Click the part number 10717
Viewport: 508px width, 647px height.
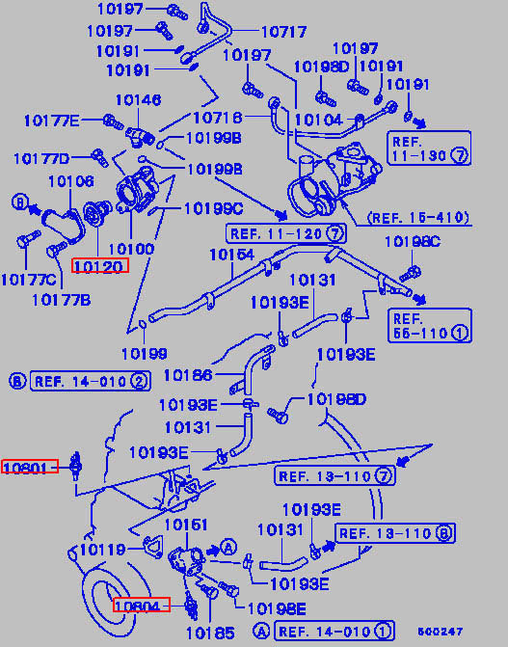click(x=284, y=32)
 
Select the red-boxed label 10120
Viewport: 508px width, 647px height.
click(x=100, y=266)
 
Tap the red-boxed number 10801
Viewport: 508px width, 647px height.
click(x=30, y=467)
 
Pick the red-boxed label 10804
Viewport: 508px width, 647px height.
click(x=141, y=605)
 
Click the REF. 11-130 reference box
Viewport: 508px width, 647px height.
click(x=429, y=148)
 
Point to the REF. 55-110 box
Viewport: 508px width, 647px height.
click(x=430, y=325)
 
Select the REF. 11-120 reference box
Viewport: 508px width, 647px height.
click(x=286, y=233)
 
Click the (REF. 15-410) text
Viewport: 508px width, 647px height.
click(x=418, y=217)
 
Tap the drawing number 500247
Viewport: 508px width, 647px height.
click(x=440, y=632)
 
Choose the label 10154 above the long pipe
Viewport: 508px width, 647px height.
click(x=232, y=255)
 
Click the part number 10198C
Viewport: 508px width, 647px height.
click(x=413, y=241)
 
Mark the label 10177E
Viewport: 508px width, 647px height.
click(x=52, y=121)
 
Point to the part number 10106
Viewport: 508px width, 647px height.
click(x=71, y=181)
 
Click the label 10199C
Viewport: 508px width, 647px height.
click(x=213, y=209)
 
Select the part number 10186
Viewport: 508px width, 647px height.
click(x=188, y=375)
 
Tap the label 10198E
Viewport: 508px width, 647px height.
click(x=277, y=607)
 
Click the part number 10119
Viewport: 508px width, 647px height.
click(x=103, y=550)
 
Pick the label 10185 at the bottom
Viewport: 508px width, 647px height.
click(x=210, y=633)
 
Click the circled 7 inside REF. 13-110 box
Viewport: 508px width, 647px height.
click(x=384, y=476)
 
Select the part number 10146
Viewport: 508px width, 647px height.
click(x=138, y=100)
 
